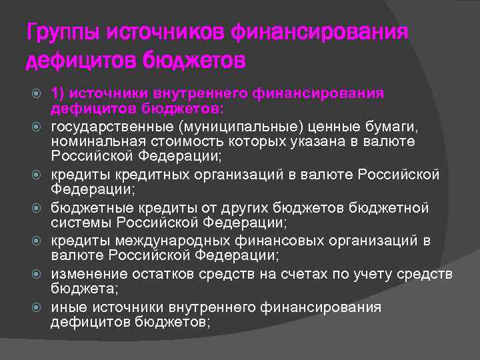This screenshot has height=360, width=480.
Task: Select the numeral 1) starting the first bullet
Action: [59, 93]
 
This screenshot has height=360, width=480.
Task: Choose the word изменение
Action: [87, 274]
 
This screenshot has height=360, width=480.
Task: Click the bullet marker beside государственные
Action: [37, 126]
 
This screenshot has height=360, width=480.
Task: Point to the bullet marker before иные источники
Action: [37, 307]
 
